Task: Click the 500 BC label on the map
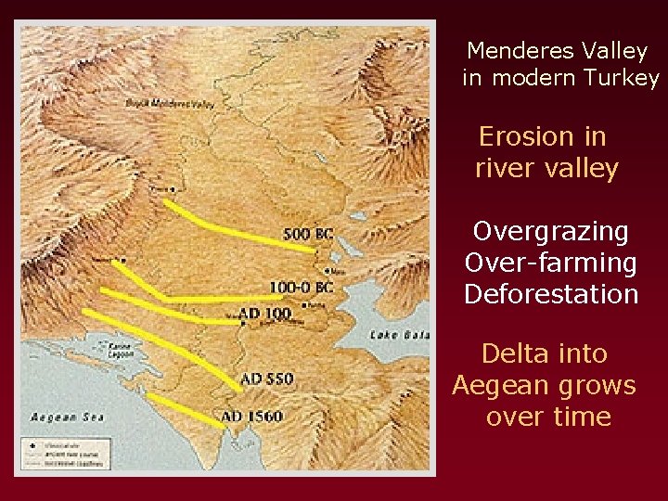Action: pyautogui.click(x=309, y=233)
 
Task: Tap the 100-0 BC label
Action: pyautogui.click(x=301, y=288)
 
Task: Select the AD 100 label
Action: pyautogui.click(x=264, y=314)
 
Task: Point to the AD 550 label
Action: pyautogui.click(x=267, y=379)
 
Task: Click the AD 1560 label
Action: pyautogui.click(x=252, y=417)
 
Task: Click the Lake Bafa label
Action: pyautogui.click(x=401, y=334)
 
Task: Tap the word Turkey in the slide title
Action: pyautogui.click(x=622, y=78)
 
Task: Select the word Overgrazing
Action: pyautogui.click(x=550, y=231)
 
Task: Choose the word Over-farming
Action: pyautogui.click(x=550, y=263)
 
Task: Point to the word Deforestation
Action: pyautogui.click(x=551, y=295)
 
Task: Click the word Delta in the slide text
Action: pyautogui.click(x=511, y=353)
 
